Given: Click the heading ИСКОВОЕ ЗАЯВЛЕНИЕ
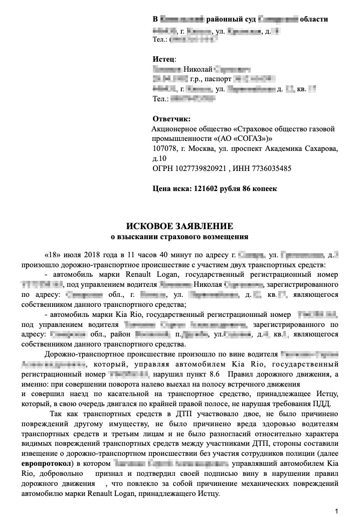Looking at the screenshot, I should pyautogui.click(x=179, y=226).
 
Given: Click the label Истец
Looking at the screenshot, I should pyautogui.click(x=161, y=59).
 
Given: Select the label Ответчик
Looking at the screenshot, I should pyautogui.click(x=171, y=119).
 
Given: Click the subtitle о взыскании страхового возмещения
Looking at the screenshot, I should pyautogui.click(x=179, y=235).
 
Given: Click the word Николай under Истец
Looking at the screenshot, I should pyautogui.click(x=199, y=69).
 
